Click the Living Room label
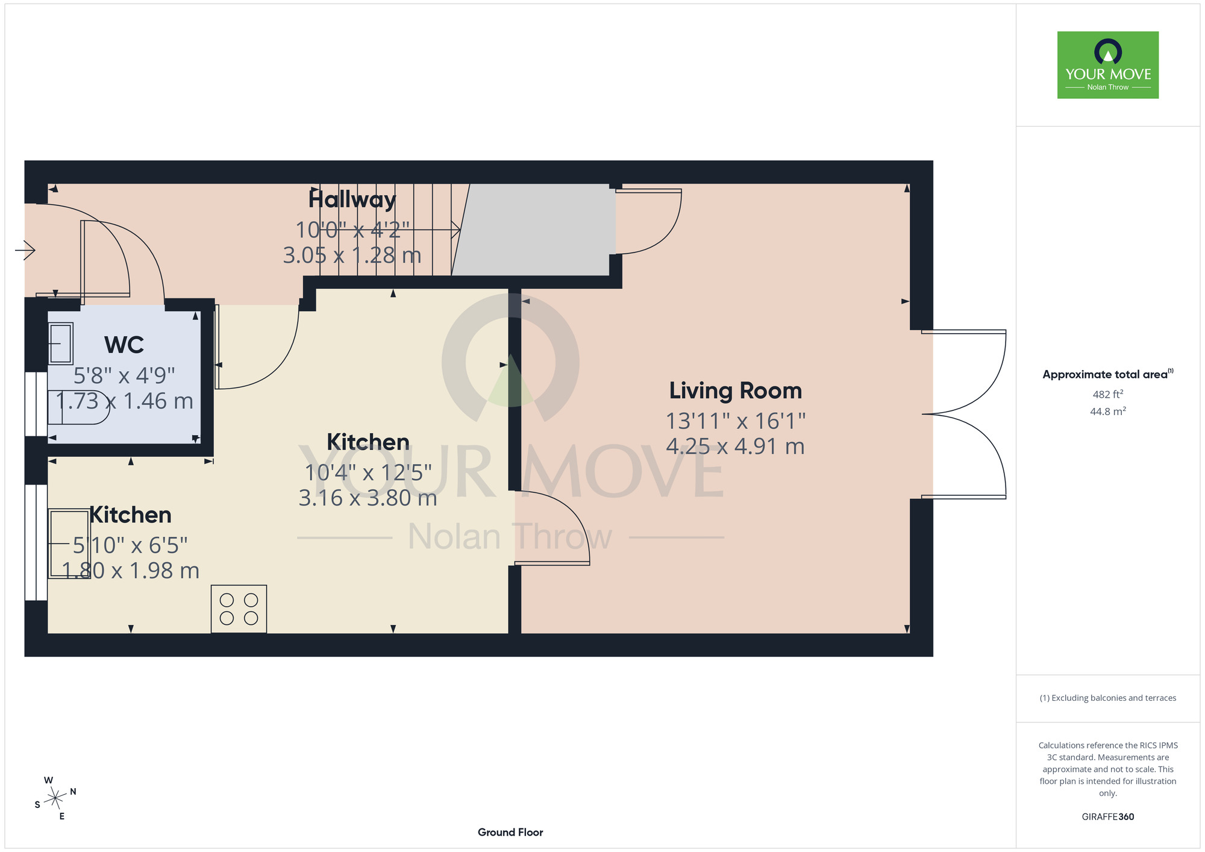(x=736, y=390)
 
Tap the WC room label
(x=124, y=345)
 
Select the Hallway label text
(x=352, y=199)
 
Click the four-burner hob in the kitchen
(x=239, y=609)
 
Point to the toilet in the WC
(x=75, y=407)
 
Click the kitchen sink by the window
(x=69, y=544)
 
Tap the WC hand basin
(x=60, y=343)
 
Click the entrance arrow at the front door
(x=25, y=249)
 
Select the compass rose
(x=55, y=798)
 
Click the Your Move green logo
(x=1108, y=65)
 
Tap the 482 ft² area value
(x=1108, y=395)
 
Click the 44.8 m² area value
(x=1108, y=412)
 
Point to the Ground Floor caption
(x=510, y=832)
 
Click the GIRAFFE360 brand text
(x=1108, y=817)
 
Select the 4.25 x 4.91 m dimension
(x=736, y=446)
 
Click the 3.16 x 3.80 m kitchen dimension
(x=368, y=498)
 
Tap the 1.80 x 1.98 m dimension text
(x=131, y=571)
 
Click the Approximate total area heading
(x=1108, y=374)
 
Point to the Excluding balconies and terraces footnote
(x=1108, y=698)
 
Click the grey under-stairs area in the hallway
(x=533, y=230)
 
